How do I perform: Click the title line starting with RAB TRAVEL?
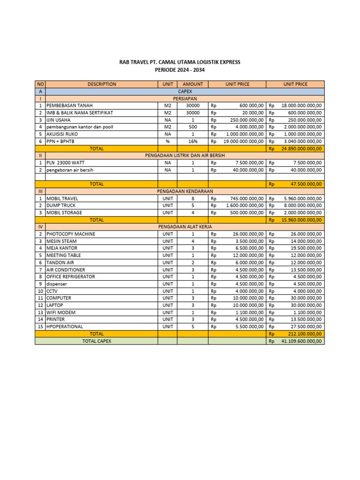click(x=180, y=62)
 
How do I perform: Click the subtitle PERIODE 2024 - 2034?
click(x=180, y=70)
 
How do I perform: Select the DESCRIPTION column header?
click(x=101, y=84)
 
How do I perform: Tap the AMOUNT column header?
click(x=193, y=84)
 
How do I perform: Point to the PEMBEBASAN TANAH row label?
click(x=69, y=106)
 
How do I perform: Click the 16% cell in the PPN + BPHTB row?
click(x=193, y=142)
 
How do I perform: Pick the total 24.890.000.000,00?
click(x=301, y=149)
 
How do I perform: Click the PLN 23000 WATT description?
click(x=66, y=163)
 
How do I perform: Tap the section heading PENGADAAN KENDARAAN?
click(x=183, y=191)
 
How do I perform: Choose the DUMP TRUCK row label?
click(x=61, y=206)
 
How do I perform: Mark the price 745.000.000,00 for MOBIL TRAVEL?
click(x=248, y=198)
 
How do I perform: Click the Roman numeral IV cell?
click(x=40, y=227)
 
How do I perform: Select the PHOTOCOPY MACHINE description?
click(x=71, y=234)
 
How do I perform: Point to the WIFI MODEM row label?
click(x=61, y=313)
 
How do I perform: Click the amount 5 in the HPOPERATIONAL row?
click(x=193, y=327)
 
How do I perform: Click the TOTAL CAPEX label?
click(x=97, y=341)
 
